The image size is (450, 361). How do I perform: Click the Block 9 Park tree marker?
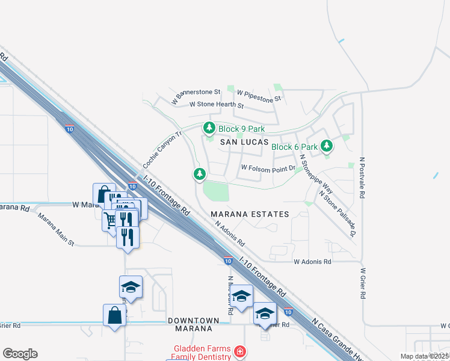pos(209,128)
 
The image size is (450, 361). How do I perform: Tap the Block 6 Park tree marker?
pos(327,146)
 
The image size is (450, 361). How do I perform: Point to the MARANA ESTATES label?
pos(250,214)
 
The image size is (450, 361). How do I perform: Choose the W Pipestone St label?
pos(259,94)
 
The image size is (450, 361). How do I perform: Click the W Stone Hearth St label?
pos(217,105)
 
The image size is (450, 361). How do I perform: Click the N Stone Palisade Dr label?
pos(338,214)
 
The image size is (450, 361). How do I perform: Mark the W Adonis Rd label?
pos(312,262)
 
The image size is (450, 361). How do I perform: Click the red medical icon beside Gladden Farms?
pos(240,350)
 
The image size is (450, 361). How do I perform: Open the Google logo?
pos(20,354)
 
